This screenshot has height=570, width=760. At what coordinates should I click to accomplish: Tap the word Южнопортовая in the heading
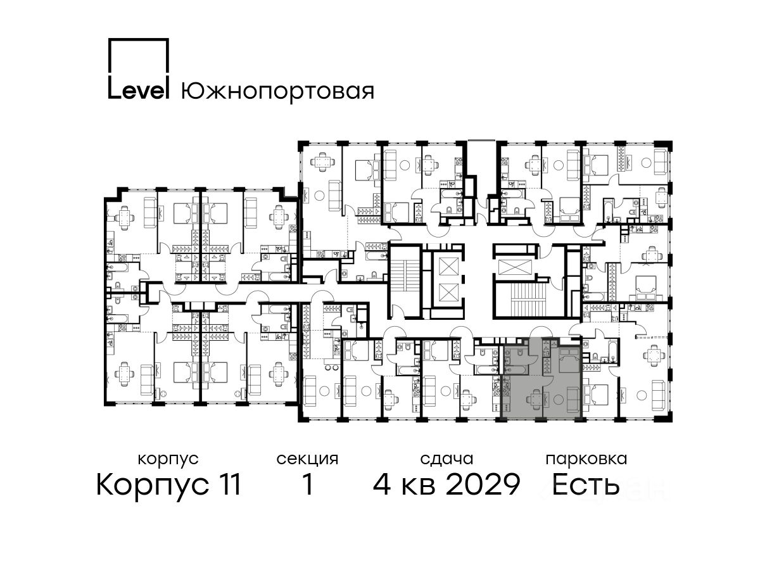pos(277,91)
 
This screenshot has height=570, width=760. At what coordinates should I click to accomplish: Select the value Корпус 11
pos(168,485)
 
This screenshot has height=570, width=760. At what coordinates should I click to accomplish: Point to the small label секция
pos(307,459)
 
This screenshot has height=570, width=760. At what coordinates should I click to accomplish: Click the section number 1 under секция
pos(308,484)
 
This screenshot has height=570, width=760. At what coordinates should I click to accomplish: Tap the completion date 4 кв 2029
pos(446,484)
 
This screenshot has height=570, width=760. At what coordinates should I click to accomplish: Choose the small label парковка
pos(586,459)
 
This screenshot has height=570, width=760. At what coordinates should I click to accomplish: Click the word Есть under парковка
pos(585,484)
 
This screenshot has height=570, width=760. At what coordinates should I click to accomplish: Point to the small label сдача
pos(446,459)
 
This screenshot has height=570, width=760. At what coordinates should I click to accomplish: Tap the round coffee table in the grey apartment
pos(558,400)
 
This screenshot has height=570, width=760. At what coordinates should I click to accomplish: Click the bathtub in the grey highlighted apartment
pos(516,370)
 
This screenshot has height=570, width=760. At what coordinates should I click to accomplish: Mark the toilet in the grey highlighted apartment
pos(520,352)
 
